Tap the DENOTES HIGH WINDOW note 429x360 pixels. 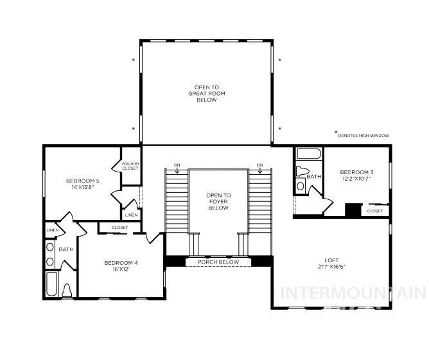[x=363, y=136]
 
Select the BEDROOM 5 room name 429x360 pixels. [x=82, y=181]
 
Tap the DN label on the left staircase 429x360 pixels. [x=177, y=165]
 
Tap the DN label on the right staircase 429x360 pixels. [x=259, y=165]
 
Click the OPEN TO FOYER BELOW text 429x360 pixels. [x=218, y=201]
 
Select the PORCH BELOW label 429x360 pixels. [x=218, y=262]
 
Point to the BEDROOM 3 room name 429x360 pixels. [x=356, y=172]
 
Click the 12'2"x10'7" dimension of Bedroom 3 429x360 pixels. [x=356, y=179]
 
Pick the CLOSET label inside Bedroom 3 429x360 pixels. [x=375, y=211]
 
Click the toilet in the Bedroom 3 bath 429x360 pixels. [x=302, y=174]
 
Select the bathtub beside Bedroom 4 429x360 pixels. [x=51, y=283]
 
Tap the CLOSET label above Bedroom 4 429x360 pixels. [x=119, y=228]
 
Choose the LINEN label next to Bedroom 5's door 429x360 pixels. [x=131, y=215]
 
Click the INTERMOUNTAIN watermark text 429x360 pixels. [x=353, y=293]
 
